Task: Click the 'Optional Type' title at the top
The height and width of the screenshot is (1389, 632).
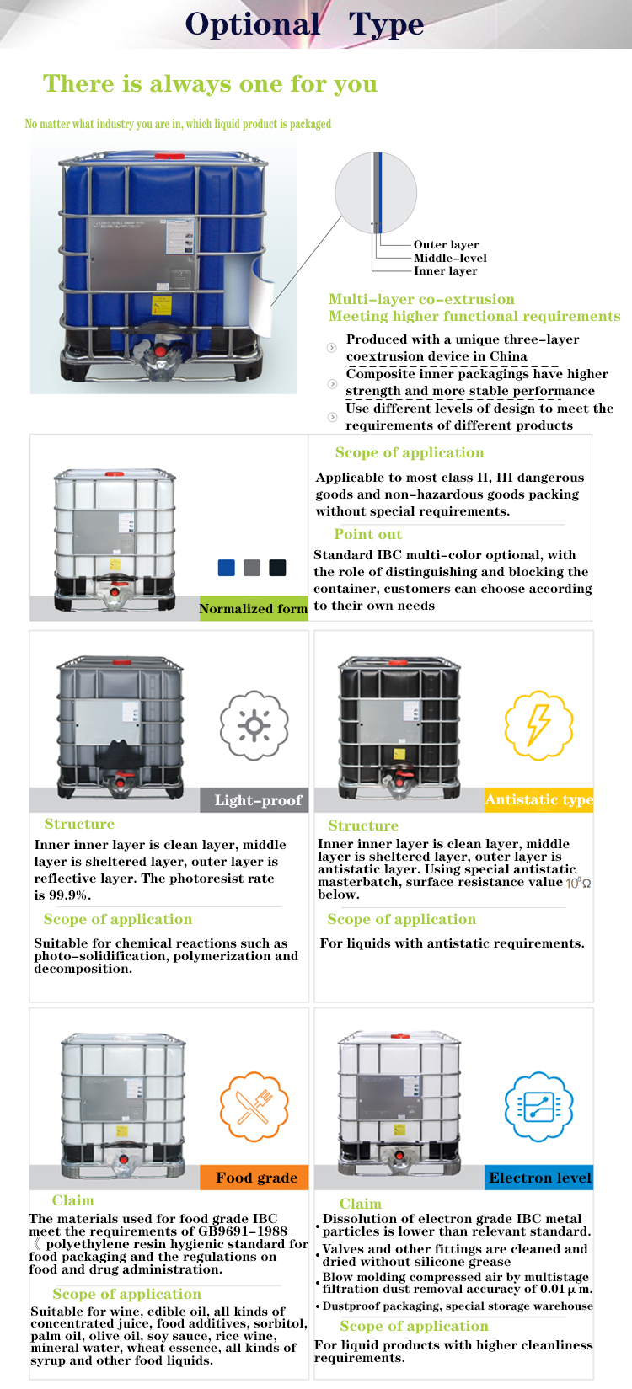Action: [x=304, y=24]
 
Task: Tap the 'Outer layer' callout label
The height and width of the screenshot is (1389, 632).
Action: [x=446, y=244]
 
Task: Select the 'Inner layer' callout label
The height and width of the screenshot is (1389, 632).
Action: [x=445, y=271]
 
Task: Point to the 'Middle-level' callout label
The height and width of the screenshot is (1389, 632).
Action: [x=450, y=258]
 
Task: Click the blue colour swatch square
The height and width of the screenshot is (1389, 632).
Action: [x=226, y=568]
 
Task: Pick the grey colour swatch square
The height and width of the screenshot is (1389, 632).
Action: [x=251, y=568]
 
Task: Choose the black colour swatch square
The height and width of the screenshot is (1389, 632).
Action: [x=277, y=568]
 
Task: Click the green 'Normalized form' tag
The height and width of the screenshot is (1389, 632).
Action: [x=253, y=608]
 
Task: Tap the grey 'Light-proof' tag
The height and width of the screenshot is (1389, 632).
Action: [x=258, y=800]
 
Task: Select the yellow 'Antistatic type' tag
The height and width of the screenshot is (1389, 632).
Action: [x=538, y=799]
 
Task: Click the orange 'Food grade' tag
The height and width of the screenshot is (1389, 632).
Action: [x=255, y=1178]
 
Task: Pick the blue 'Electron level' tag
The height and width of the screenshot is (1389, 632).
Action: [x=539, y=1178]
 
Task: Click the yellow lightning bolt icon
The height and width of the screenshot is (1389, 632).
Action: [x=538, y=724]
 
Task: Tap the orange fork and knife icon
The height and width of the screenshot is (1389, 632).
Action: [x=254, y=1107]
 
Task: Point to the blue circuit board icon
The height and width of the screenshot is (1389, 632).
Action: [x=538, y=1107]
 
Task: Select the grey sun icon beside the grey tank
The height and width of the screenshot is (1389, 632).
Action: [x=254, y=724]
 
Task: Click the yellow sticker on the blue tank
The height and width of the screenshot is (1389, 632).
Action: [x=160, y=305]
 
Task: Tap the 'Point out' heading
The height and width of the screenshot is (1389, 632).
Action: [x=367, y=534]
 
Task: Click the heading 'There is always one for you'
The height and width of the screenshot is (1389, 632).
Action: [x=210, y=84]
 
